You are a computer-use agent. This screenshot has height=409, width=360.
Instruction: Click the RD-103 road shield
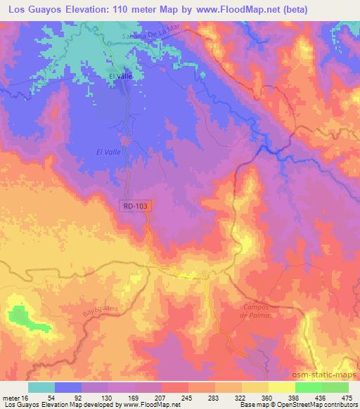pos(136,204)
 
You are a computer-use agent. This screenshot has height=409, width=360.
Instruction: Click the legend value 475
pos(347,398)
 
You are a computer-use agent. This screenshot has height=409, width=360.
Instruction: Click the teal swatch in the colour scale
pos(41,387)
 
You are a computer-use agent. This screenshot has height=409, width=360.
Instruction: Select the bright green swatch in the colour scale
pos(308,387)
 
